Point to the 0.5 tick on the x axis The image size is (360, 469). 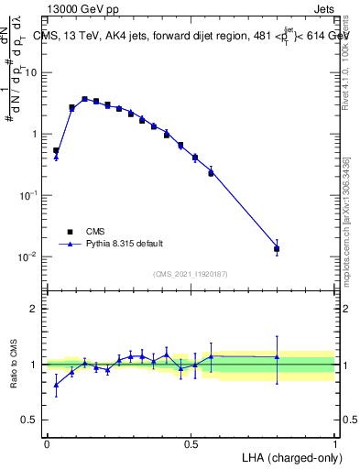191,442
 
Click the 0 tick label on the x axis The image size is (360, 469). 47,442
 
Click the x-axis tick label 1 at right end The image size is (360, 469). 334,442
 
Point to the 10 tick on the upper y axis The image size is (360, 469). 33,71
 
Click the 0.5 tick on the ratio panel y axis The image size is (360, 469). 33,420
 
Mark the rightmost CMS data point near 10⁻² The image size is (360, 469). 277,248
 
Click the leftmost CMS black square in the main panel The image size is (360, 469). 56,150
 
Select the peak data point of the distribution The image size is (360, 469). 84,99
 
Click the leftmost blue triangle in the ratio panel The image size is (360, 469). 56,385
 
